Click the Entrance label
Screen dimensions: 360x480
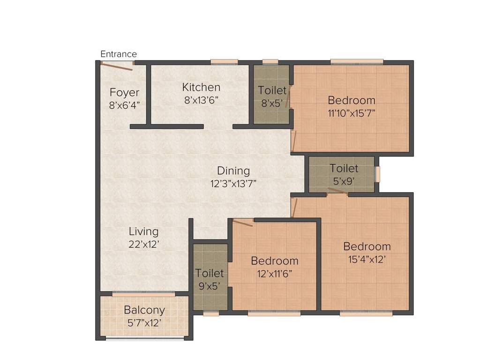point(119,54)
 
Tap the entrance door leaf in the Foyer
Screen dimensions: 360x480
point(117,66)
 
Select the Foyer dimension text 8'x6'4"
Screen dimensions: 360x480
point(124,105)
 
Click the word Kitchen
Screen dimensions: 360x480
point(201,87)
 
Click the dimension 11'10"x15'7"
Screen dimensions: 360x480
point(352,112)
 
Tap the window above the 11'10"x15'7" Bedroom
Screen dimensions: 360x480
point(356,61)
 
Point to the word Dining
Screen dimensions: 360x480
point(233,171)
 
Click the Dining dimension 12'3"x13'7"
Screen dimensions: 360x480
point(233,183)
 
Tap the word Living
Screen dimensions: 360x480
point(144,232)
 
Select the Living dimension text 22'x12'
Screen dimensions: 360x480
point(144,244)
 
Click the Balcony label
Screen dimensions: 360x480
point(144,310)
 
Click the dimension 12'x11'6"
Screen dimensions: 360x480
point(274,274)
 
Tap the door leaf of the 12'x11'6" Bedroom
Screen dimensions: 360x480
point(243,222)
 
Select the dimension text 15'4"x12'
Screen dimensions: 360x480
point(367,259)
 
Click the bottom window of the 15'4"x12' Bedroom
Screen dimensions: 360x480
point(366,314)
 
